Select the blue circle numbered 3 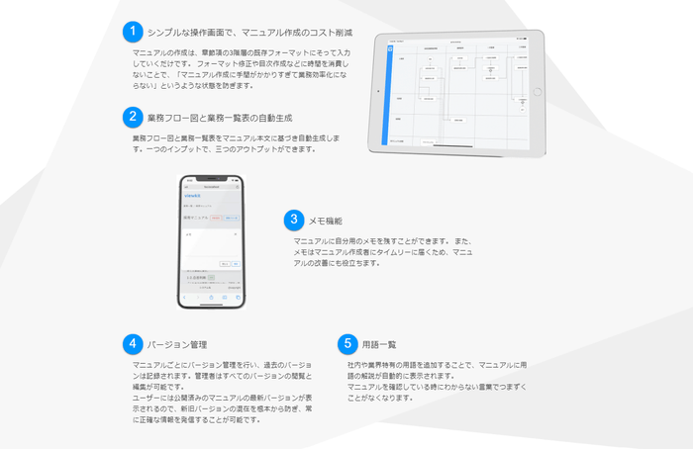pyautogui.click(x=294, y=220)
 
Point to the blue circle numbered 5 pyautogui.click(x=346, y=344)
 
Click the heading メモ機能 pyautogui.click(x=326, y=221)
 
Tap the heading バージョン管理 pyautogui.click(x=177, y=345)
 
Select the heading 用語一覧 pyautogui.click(x=379, y=345)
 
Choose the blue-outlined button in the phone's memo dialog pyautogui.click(x=237, y=264)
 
